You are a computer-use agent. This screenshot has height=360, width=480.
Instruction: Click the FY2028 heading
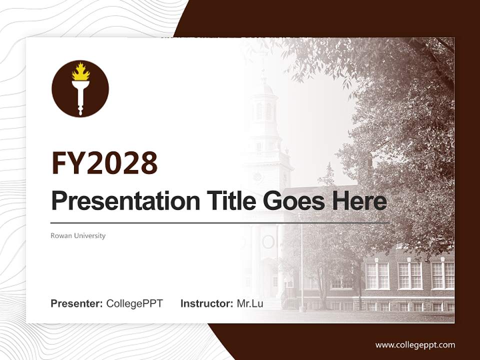click(104, 163)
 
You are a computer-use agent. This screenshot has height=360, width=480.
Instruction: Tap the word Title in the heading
click(222, 201)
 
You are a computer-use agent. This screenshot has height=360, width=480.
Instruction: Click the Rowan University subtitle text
click(78, 235)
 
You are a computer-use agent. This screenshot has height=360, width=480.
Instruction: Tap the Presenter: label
click(76, 303)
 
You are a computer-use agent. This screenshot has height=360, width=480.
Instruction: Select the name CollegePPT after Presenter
click(134, 303)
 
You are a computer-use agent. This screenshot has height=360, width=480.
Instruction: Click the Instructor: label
click(206, 303)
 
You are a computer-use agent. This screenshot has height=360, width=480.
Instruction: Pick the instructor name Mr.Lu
click(249, 303)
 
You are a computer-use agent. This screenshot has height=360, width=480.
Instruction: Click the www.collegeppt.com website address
click(415, 344)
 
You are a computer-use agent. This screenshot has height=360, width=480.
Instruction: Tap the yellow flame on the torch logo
click(80, 73)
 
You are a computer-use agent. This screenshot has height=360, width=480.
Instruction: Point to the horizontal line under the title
click(220, 222)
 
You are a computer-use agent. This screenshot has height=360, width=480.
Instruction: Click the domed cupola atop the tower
click(264, 90)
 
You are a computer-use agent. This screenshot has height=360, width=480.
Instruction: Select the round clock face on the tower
click(257, 176)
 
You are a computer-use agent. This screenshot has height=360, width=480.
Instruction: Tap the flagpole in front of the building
click(301, 265)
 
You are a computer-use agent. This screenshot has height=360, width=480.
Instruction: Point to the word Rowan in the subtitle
click(60, 235)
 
